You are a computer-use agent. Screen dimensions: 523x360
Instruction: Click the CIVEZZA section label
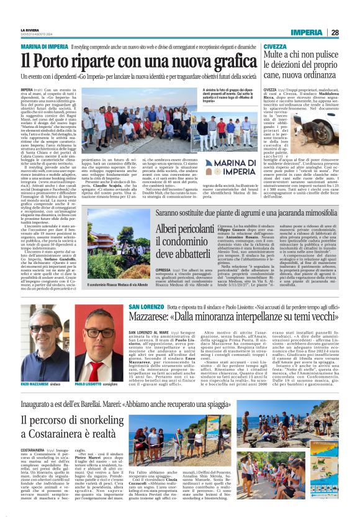pos(275,47)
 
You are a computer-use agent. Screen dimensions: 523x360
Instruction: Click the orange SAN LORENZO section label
pos(146,307)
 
